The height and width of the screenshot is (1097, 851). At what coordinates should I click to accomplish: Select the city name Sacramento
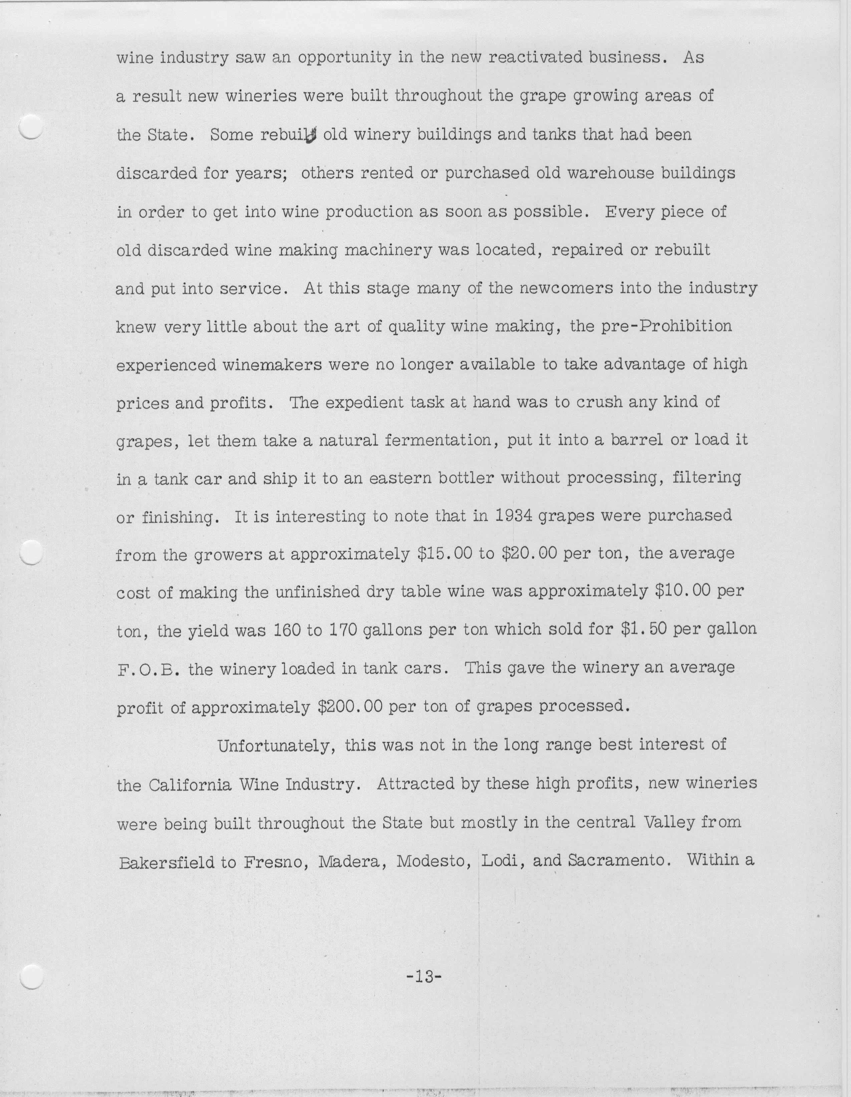619,860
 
